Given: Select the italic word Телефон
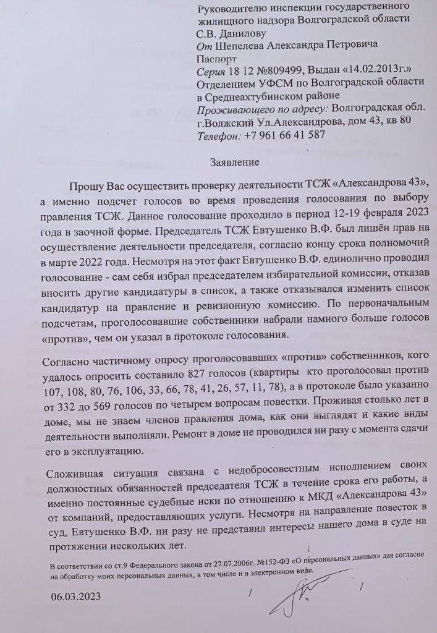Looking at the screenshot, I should point(218,134).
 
